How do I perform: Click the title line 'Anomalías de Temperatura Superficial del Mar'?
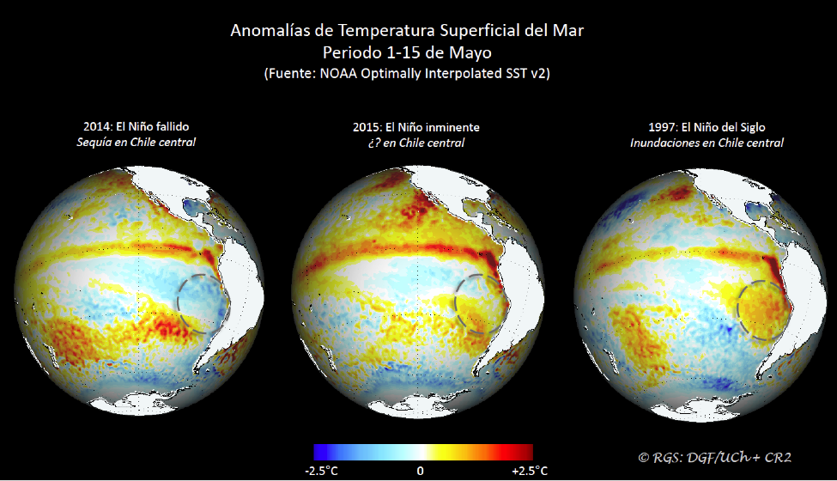407,31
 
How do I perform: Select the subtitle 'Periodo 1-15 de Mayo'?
407,52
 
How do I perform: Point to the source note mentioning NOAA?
407,74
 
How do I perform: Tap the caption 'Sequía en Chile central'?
136,142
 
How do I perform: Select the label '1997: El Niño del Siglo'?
706,127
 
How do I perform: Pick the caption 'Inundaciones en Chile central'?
706,143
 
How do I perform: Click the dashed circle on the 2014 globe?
204,302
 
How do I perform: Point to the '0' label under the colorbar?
420,471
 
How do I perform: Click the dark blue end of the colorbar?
320,453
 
